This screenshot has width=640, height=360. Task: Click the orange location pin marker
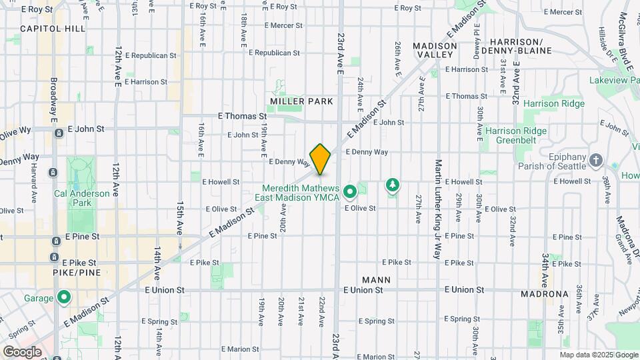click(320, 159)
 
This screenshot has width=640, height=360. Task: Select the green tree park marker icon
click(393, 185)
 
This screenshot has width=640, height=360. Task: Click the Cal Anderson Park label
click(72, 198)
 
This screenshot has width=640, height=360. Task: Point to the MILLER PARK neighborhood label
click(301, 101)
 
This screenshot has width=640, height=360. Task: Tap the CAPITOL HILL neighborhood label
click(53, 29)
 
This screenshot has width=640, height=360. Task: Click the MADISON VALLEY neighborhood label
click(435, 50)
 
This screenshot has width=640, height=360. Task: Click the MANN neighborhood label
click(376, 280)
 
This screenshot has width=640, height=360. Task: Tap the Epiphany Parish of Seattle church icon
click(596, 161)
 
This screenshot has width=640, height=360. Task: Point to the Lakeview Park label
click(613, 80)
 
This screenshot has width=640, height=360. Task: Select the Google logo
click(21, 351)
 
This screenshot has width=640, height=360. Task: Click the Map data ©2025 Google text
click(598, 355)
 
